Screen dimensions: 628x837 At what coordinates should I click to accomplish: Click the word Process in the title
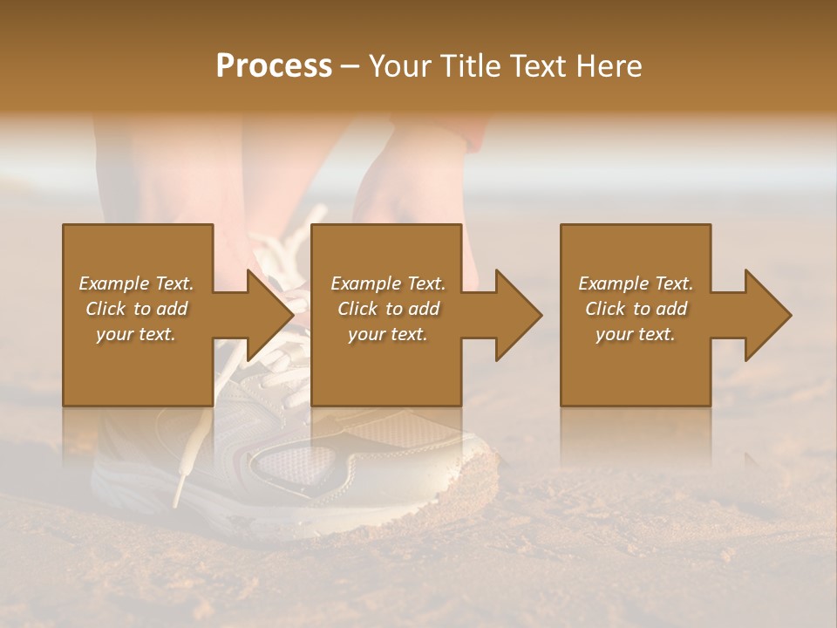pyautogui.click(x=274, y=65)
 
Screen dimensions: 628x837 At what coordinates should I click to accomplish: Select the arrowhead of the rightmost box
pyautogui.click(x=767, y=315)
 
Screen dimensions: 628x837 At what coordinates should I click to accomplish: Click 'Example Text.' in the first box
pyautogui.click(x=136, y=283)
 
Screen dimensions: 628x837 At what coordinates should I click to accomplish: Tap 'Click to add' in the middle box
pyautogui.click(x=388, y=309)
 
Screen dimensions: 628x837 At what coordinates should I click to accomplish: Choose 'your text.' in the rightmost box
pyautogui.click(x=636, y=334)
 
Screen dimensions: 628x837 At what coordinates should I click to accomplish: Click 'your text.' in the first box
pyautogui.click(x=136, y=334)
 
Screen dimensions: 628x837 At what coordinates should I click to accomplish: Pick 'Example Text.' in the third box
pyautogui.click(x=636, y=283)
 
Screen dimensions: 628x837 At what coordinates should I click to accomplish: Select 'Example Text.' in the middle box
pyautogui.click(x=388, y=283)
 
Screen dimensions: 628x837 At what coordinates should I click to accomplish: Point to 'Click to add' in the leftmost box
pyautogui.click(x=136, y=309)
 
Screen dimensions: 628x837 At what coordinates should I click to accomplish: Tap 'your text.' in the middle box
pyautogui.click(x=388, y=334)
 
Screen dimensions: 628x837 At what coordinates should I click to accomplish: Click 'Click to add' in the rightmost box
pyautogui.click(x=636, y=309)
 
